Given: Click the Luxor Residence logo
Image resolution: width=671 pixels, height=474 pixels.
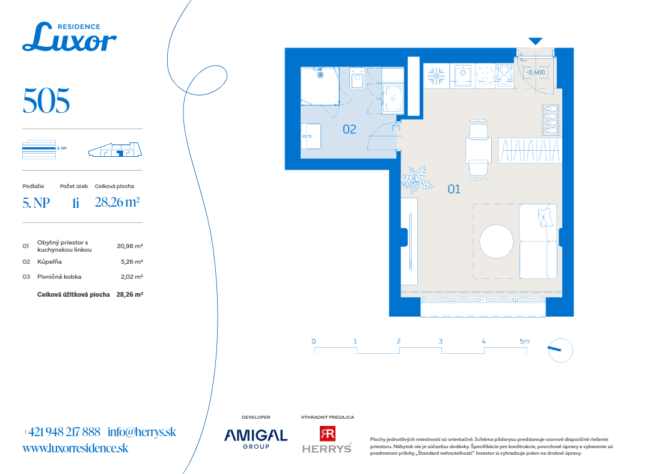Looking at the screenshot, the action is pyautogui.click(x=69, y=37).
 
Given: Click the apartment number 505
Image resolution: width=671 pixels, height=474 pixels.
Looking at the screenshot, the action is pyautogui.click(x=46, y=101).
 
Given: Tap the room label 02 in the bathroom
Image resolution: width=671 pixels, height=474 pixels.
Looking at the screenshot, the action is pyautogui.click(x=349, y=130).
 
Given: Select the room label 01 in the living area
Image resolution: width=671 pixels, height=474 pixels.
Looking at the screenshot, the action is pyautogui.click(x=453, y=189).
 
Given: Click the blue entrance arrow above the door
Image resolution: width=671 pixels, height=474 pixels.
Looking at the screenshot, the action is pyautogui.click(x=535, y=41).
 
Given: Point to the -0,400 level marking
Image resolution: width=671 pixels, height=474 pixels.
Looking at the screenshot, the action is pyautogui.click(x=535, y=72).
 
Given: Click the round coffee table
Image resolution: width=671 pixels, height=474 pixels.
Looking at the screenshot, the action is pyautogui.click(x=497, y=242).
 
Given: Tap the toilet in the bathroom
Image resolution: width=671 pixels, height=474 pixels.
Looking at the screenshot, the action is pyautogui.click(x=357, y=78).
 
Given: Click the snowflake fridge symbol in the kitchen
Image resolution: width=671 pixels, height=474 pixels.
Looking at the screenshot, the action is pyautogui.click(x=436, y=76).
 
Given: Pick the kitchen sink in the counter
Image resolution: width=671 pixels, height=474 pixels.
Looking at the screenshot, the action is pyautogui.click(x=462, y=76).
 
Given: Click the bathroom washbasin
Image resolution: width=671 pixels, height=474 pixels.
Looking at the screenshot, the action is pyautogui.click(x=311, y=136).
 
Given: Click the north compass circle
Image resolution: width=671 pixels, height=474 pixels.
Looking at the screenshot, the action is pyautogui.click(x=560, y=350).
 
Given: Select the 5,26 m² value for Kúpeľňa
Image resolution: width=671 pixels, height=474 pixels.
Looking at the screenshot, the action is pyautogui.click(x=132, y=261).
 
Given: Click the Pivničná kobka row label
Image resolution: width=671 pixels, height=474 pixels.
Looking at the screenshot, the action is pyautogui.click(x=59, y=276).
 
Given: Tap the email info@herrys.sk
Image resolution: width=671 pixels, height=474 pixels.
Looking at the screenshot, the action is pyautogui.click(x=142, y=432).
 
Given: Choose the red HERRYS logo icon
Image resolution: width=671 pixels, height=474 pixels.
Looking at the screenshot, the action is pyautogui.click(x=327, y=433).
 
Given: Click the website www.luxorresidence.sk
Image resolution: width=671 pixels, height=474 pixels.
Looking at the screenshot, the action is pyautogui.click(x=75, y=448).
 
